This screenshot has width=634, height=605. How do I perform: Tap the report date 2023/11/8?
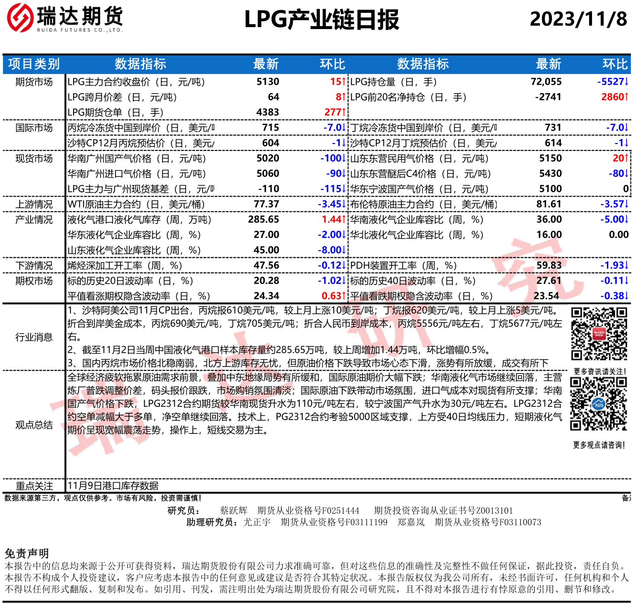pyautogui.click(x=578, y=19)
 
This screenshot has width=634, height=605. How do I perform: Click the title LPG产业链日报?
pyautogui.click(x=321, y=20)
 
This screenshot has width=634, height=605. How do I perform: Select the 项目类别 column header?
pyautogui.click(x=34, y=64)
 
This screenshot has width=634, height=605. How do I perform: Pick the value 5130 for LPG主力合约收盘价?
pyautogui.click(x=268, y=82)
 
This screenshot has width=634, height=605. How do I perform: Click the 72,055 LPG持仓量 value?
pyautogui.click(x=546, y=82)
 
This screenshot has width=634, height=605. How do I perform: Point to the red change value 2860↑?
pyautogui.click(x=614, y=97)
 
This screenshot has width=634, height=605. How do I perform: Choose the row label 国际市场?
pyautogui.click(x=34, y=128)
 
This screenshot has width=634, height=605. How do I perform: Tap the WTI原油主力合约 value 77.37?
pyautogui.click(x=266, y=204)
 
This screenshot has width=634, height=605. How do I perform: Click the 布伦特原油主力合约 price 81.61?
pyautogui.click(x=549, y=204)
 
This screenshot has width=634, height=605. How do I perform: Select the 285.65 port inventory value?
pyautogui.click(x=264, y=219)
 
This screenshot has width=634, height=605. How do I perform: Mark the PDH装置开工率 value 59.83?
pyautogui.click(x=549, y=265)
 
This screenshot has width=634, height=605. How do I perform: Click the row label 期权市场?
pyautogui.click(x=34, y=281)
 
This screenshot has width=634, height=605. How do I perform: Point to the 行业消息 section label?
pyautogui.click(x=34, y=337)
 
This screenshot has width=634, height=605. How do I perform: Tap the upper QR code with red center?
pyautogui.click(x=599, y=334)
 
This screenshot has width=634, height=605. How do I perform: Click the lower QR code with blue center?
pyautogui.click(x=598, y=404)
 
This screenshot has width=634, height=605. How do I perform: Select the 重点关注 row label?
pyautogui.click(x=34, y=486)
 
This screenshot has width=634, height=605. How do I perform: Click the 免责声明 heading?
pyautogui.click(x=27, y=553)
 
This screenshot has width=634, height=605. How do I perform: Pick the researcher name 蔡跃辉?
pyautogui.click(x=234, y=511)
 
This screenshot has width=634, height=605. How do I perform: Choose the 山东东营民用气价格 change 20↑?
pyautogui.click(x=620, y=158)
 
